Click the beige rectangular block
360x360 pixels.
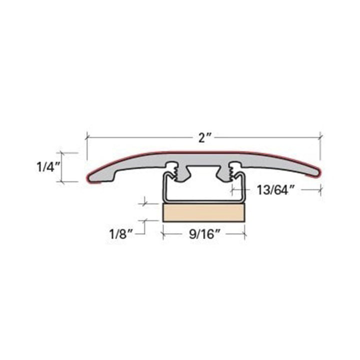click(204, 212)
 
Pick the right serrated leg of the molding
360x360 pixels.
click(231, 171)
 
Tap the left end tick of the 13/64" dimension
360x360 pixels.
click(231, 189)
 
